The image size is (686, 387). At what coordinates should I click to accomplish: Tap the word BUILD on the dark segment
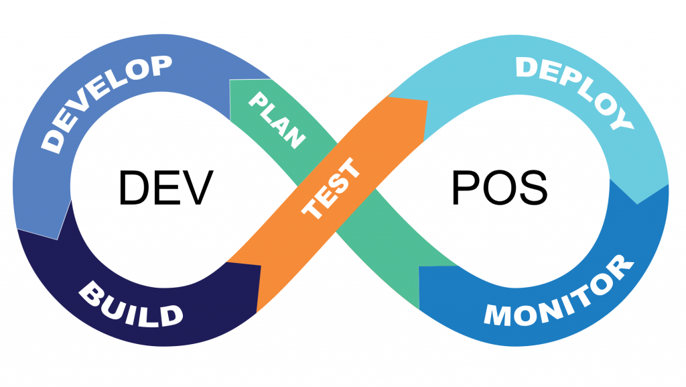point(131,305)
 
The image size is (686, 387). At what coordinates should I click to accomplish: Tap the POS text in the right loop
point(499,187)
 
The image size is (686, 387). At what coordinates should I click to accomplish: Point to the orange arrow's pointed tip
point(426,103)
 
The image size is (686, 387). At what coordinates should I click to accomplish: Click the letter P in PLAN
point(258,102)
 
